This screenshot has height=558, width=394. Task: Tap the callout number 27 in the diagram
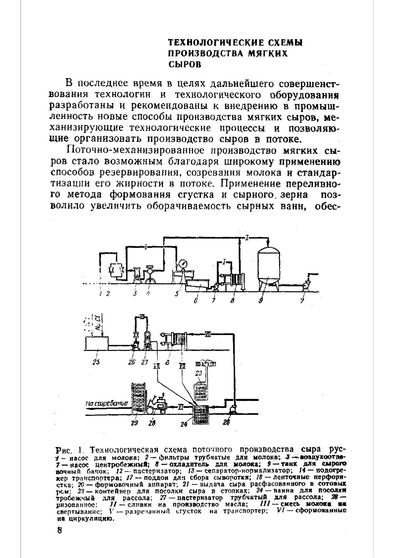[x=145, y=362]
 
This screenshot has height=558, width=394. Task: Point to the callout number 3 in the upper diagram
[x=135, y=294]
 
